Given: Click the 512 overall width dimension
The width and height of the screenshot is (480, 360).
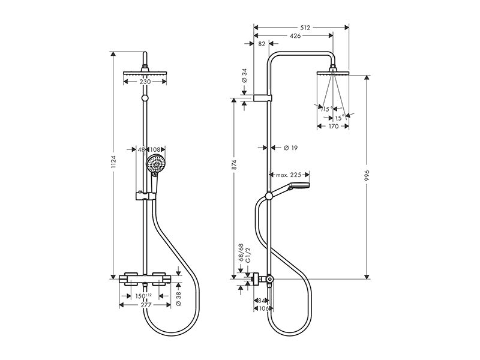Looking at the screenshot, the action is (305, 28).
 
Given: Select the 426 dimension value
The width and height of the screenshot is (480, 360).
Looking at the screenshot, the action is (295, 36).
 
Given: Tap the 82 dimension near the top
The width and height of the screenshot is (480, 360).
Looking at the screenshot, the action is (262, 44).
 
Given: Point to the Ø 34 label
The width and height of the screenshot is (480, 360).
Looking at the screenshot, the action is (244, 76).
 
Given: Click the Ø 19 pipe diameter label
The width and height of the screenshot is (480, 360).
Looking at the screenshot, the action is (291, 148).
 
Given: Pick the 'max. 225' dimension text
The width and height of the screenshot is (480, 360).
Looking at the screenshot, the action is (289, 175).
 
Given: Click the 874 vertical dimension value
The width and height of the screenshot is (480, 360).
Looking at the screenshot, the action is (235, 165).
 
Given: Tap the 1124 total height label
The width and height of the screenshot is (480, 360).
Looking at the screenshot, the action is (113, 161).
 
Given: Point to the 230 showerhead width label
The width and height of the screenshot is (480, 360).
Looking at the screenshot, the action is (145, 82).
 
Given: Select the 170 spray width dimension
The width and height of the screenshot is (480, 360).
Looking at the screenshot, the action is (333, 126).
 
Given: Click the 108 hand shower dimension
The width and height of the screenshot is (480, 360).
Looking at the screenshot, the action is (155, 149).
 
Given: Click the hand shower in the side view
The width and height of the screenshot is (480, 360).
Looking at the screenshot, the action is (291, 189).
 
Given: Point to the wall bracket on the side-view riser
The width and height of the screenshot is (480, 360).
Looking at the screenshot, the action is (263, 98).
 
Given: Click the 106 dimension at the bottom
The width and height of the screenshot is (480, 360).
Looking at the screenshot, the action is (263, 308).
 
